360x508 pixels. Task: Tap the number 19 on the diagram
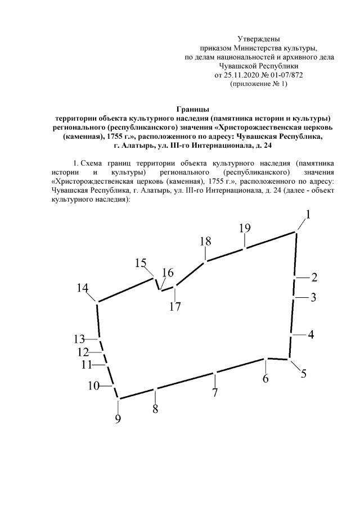244,228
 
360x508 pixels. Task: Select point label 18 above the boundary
205,241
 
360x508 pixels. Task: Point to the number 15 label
141,263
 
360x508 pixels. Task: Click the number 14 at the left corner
83,288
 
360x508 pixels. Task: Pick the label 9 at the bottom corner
118,419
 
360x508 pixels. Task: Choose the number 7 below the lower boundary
214,393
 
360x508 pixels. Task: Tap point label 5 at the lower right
303,373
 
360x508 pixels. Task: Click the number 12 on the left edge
83,352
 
